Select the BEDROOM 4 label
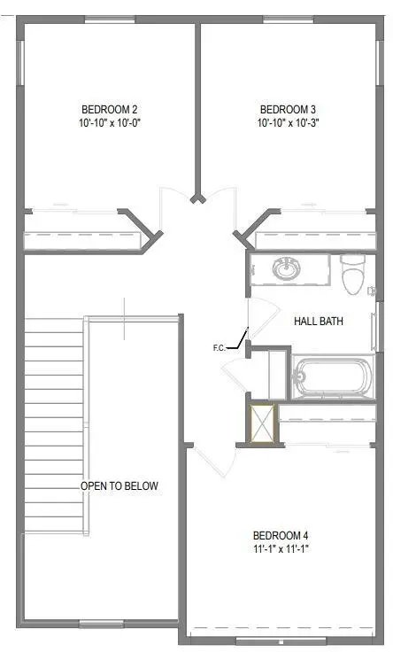tap(281, 535)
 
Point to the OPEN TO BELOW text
tap(119, 486)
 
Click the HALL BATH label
tap(319, 322)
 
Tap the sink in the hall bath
tap(285, 268)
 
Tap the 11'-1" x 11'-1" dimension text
tap(281, 550)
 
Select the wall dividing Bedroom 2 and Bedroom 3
tap(198, 106)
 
